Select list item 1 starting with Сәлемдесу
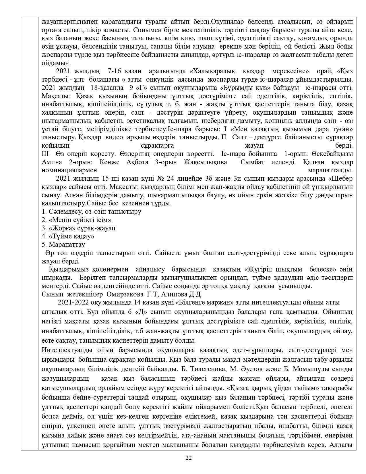point(91,212)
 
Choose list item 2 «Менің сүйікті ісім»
point(76,220)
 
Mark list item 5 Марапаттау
point(63,245)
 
